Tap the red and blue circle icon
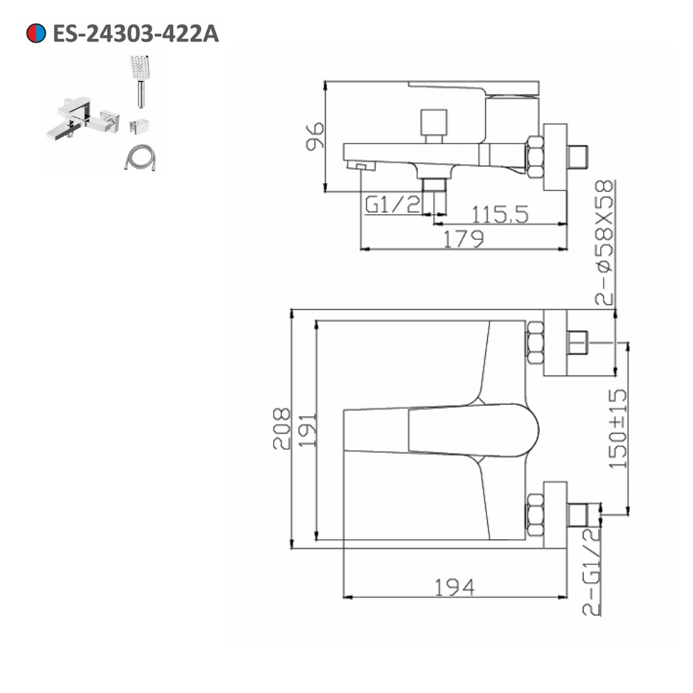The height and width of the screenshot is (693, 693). pos(35,33)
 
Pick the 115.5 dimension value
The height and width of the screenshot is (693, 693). pos(500,214)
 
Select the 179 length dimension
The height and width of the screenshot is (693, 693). pos(463,238)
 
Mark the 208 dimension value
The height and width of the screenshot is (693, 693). pos(281,428)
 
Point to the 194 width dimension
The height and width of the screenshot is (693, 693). pos(455,588)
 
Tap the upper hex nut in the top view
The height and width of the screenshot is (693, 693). pos(535,342)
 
